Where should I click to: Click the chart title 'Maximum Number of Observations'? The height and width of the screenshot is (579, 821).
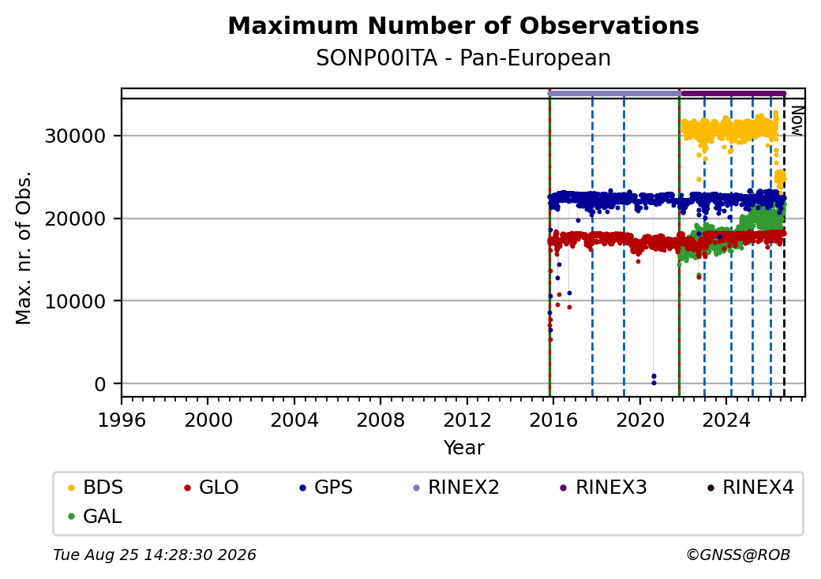click(463, 25)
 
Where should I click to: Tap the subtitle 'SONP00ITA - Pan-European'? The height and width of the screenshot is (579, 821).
click(463, 58)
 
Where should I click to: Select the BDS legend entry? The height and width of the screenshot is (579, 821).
click(96, 487)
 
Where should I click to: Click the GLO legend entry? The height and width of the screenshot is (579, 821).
click(212, 487)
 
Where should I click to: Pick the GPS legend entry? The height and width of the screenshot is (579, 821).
click(326, 487)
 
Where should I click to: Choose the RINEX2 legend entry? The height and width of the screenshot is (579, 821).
click(456, 487)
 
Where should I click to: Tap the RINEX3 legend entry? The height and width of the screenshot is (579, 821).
click(604, 487)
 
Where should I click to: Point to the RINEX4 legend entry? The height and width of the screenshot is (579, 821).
click(750, 487)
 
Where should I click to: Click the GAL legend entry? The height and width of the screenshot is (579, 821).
click(95, 516)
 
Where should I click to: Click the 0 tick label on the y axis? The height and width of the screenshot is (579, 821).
click(100, 384)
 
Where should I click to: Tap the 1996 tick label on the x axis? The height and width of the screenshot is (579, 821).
click(122, 420)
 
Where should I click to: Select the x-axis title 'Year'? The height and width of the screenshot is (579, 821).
click(464, 448)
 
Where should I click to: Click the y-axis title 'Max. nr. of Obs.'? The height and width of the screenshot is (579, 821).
click(24, 248)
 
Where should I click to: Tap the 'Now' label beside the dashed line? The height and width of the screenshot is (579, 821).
click(797, 121)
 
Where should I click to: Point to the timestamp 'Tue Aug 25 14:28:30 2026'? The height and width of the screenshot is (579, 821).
click(155, 555)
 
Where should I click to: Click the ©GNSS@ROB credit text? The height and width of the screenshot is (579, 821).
click(738, 555)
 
